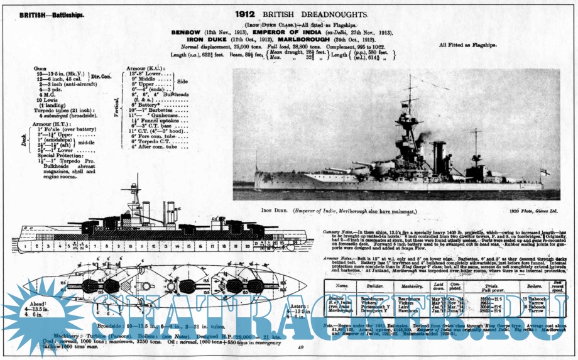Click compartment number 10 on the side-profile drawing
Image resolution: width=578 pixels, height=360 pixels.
(136, 245)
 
